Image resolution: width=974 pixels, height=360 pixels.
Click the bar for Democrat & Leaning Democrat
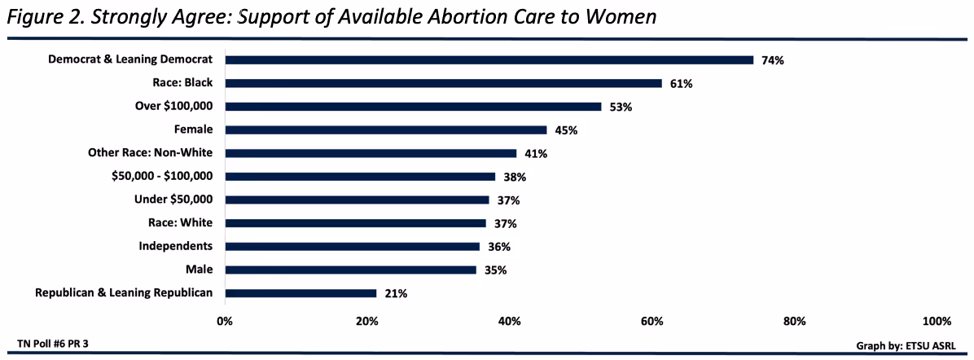(x=489, y=59)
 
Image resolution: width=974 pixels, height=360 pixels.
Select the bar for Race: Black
(x=443, y=83)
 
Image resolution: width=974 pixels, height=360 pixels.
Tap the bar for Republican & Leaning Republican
(x=301, y=293)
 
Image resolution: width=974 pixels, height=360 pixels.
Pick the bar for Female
(x=386, y=130)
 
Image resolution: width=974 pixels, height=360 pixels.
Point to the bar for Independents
(x=352, y=247)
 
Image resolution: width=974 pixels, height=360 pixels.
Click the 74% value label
(x=772, y=60)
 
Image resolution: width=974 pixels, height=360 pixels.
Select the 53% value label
(x=621, y=107)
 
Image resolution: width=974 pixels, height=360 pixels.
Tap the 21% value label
(x=397, y=293)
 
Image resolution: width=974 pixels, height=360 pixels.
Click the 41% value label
(x=536, y=153)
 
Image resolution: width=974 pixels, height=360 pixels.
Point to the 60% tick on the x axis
(x=652, y=320)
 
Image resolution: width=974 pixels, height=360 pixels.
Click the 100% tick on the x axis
(x=937, y=320)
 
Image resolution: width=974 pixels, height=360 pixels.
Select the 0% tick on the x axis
(x=225, y=320)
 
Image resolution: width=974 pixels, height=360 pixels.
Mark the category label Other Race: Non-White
(x=150, y=152)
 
